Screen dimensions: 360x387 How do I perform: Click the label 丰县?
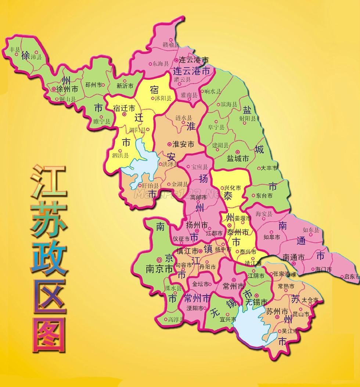[15, 49]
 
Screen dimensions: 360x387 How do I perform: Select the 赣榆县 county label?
[170, 44]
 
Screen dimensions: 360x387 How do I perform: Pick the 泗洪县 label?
[120, 155]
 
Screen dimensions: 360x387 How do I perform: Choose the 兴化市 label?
[233, 188]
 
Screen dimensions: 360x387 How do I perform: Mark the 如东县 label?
[311, 230]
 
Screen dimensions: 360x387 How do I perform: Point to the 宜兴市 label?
[228, 319]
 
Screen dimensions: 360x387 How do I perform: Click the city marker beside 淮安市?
[169, 144]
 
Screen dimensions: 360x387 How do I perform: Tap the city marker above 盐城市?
[237, 151]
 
